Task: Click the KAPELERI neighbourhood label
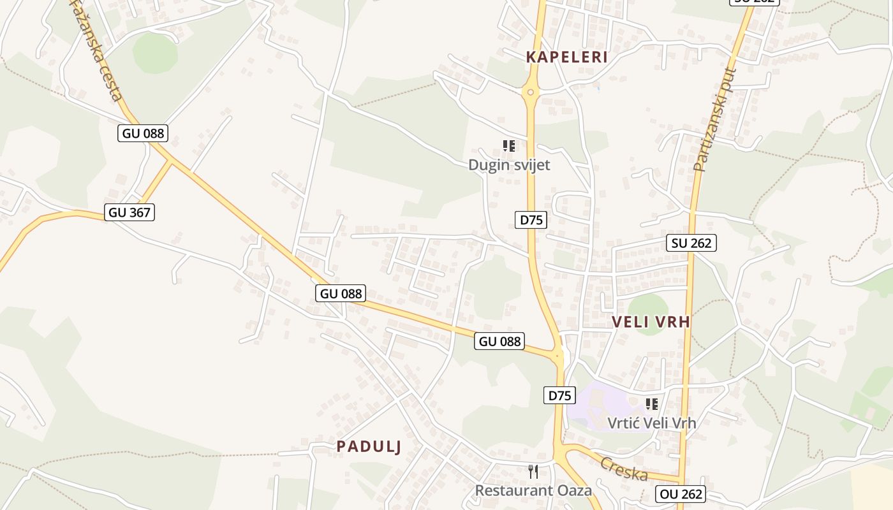coord(566,57)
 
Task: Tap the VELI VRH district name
coord(651,322)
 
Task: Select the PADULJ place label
coord(369,447)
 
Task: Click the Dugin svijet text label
coord(509,165)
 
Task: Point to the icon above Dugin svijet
coord(508,146)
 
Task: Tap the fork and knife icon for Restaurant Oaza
coord(533,472)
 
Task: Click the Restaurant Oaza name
coord(533,490)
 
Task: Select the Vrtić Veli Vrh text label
coord(651,423)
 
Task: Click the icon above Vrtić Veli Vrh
coord(651,404)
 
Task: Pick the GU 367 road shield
coord(130,212)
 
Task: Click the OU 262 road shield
coord(680,494)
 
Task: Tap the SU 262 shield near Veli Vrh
coord(691,242)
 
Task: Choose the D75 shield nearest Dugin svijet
coord(531,220)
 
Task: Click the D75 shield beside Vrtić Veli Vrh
coord(559,395)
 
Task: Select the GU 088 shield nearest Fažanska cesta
coord(143,133)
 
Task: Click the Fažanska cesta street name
coord(96,51)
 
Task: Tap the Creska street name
coord(624,469)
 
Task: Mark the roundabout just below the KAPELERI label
coord(530,92)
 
